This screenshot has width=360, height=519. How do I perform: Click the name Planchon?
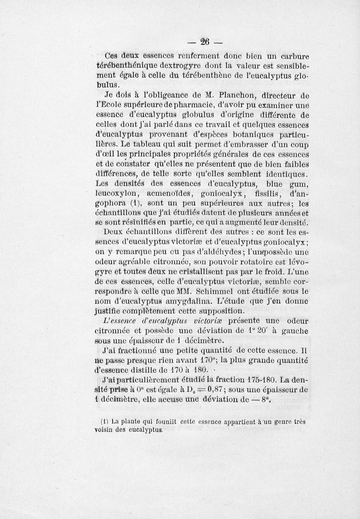tap(238, 95)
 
